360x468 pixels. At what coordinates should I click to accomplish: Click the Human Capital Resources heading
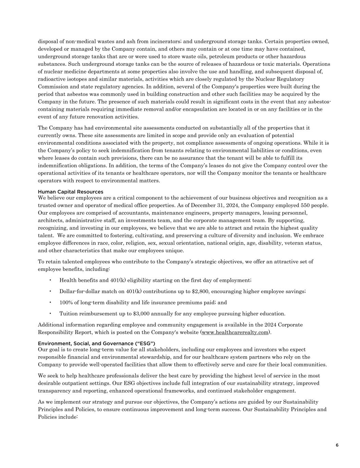coord(70,192)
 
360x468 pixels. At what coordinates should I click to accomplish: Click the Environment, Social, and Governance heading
coord(96,343)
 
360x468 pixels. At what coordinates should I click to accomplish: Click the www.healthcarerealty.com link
coord(235,332)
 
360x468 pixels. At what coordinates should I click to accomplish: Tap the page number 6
coord(337,445)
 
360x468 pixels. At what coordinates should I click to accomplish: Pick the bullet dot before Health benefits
coord(50,280)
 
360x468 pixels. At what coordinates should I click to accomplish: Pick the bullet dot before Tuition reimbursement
coord(50,313)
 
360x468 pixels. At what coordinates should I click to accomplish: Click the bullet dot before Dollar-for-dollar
coord(50,291)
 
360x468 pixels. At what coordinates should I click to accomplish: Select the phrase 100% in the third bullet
coord(66,302)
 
